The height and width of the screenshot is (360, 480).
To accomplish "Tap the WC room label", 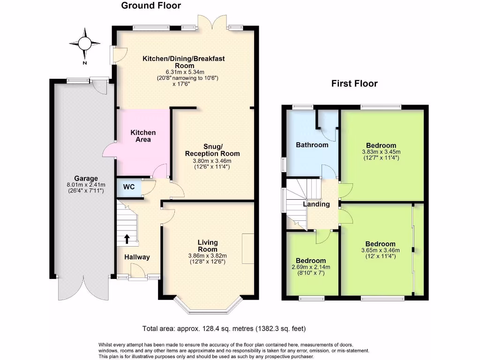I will tap(129, 187).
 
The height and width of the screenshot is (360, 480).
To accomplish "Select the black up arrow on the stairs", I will tap(127, 239).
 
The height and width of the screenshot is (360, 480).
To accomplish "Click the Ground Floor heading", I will tap(151, 6).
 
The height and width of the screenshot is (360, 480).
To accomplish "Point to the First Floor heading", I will tap(354, 84).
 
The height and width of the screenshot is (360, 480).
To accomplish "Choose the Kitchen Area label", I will tap(143, 136).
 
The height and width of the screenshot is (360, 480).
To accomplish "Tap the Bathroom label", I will tap(312, 145).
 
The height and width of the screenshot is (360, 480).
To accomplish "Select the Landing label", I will tap(316, 204).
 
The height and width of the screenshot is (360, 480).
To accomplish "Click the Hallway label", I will tap(137, 257).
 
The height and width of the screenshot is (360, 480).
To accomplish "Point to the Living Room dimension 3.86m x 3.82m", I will tap(207, 255).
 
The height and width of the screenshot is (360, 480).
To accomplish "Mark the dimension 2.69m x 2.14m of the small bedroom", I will tap(311, 267).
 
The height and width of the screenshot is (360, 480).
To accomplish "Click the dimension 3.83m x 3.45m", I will tap(381, 152).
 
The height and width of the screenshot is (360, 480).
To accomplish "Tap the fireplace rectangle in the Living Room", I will tap(248, 248).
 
